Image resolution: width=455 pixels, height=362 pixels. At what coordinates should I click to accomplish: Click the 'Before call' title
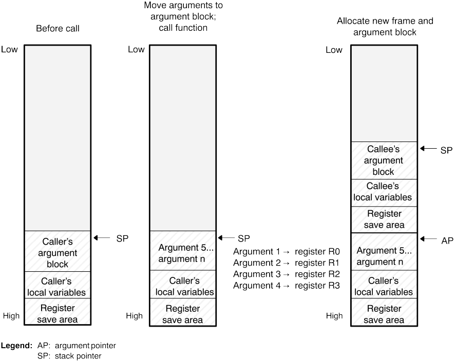(x=58, y=28)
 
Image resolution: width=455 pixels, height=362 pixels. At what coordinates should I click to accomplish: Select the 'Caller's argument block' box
(x=58, y=251)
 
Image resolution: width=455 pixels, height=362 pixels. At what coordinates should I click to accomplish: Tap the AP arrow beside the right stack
(x=428, y=239)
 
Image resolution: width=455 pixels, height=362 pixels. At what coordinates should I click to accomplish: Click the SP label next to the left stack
(x=122, y=238)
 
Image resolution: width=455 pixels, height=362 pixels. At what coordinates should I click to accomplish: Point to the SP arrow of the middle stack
(x=226, y=238)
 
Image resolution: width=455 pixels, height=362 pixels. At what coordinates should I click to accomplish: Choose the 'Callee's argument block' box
(x=384, y=160)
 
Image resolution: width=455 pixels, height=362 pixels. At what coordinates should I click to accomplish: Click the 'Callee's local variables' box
(x=384, y=193)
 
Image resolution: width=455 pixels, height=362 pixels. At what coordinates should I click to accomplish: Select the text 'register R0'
(x=317, y=252)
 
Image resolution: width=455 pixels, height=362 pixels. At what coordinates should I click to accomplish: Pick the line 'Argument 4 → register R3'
(x=287, y=286)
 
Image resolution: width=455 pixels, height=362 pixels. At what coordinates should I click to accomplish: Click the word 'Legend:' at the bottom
(x=16, y=346)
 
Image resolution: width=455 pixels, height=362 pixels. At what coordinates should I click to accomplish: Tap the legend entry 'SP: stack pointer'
(x=69, y=356)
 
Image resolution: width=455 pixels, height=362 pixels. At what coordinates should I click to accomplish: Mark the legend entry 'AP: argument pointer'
(x=77, y=346)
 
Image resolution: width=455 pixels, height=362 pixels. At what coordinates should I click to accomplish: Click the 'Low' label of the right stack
(x=334, y=50)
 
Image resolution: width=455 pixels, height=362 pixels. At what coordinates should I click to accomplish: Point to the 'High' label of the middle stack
(x=134, y=316)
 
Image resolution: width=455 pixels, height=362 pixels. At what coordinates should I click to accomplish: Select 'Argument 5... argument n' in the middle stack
(x=183, y=253)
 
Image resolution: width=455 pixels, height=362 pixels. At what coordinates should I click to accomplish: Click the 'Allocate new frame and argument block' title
(x=385, y=26)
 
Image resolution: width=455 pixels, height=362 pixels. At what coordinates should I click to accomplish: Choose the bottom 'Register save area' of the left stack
(x=58, y=312)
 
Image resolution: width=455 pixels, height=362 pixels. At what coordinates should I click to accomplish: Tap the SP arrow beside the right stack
(x=428, y=148)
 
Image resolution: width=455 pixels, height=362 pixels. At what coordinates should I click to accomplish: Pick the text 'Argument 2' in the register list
(x=257, y=263)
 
